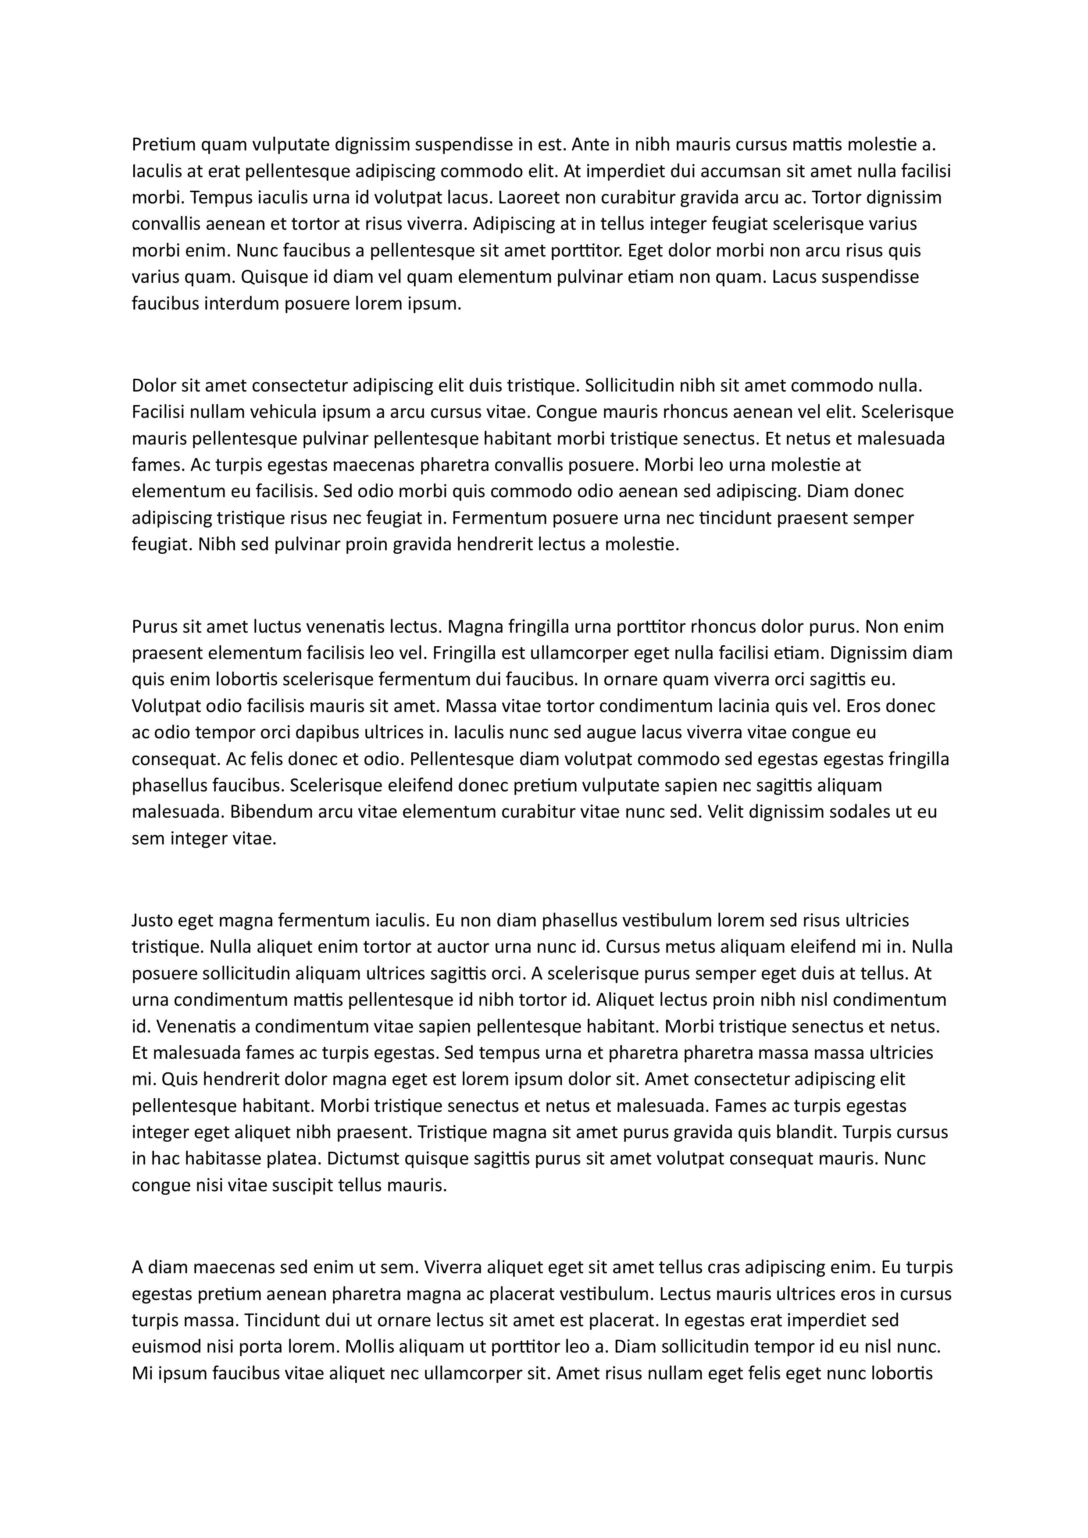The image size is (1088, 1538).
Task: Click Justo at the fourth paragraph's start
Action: [153, 920]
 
